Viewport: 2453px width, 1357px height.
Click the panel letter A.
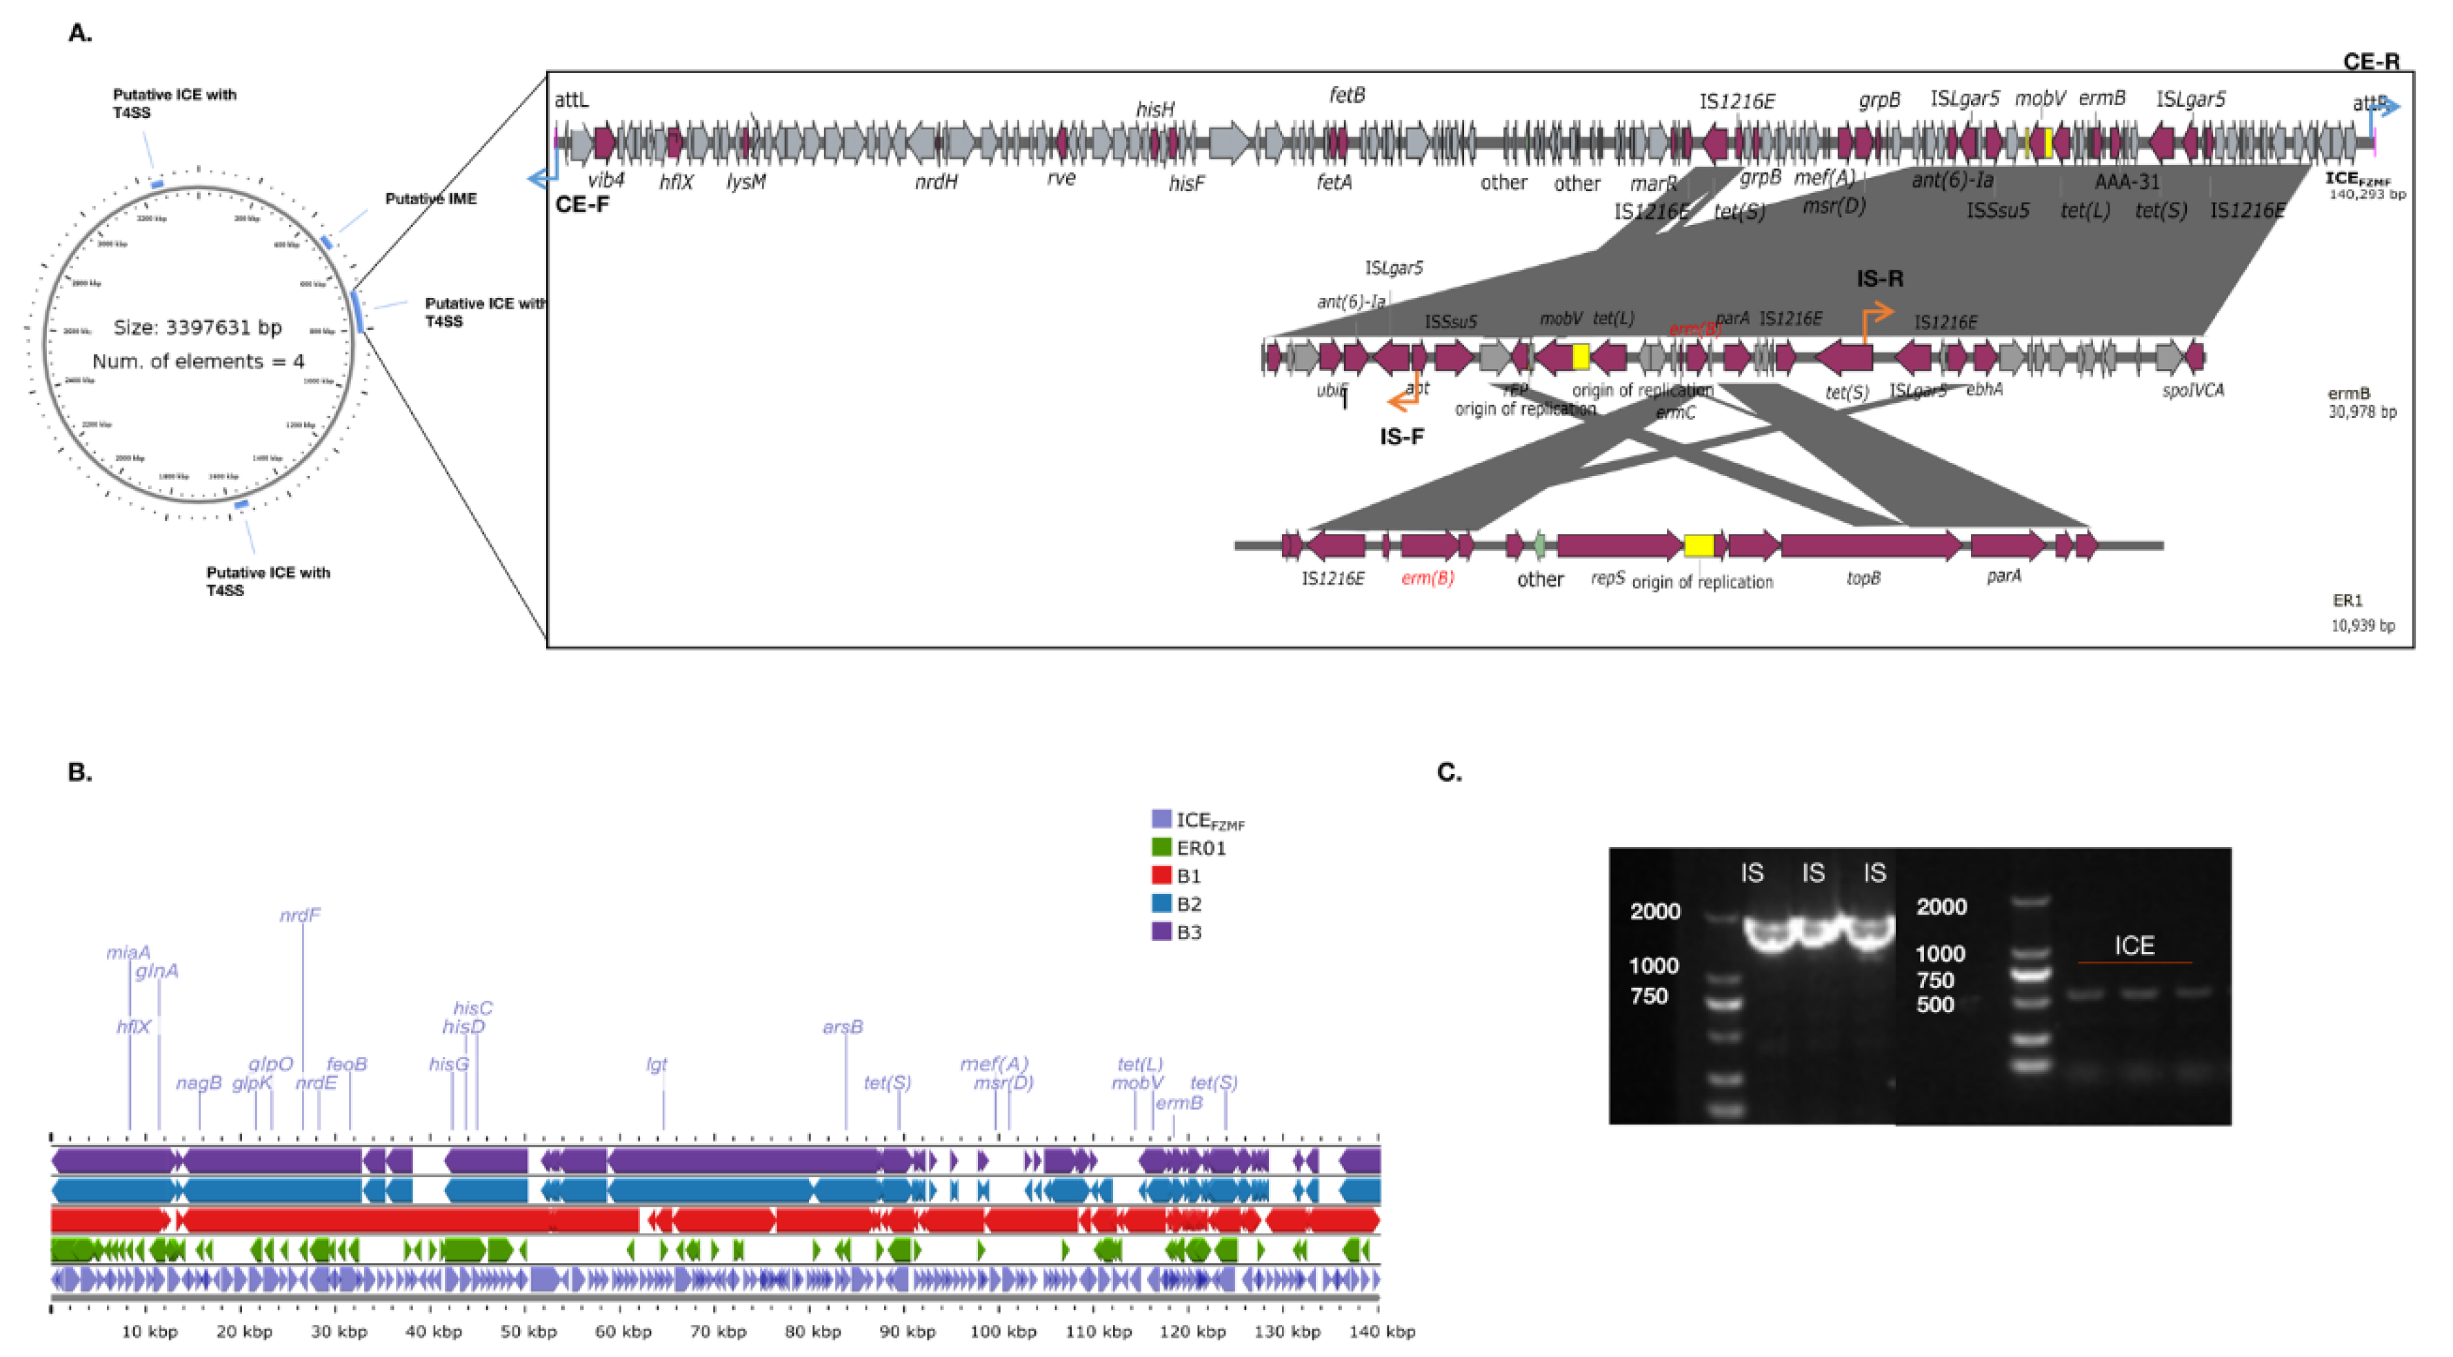coord(80,33)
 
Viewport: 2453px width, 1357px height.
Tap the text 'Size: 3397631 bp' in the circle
coord(197,328)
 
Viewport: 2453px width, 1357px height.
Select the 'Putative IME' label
coord(430,199)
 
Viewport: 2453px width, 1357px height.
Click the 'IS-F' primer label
coord(1402,437)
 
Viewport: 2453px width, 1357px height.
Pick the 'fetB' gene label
coord(1346,95)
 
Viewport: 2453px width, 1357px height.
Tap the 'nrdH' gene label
coord(935,181)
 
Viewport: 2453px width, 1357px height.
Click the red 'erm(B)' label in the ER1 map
coord(1428,578)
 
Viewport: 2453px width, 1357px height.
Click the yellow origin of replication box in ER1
coord(1698,546)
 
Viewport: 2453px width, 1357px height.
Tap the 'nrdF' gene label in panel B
coord(300,915)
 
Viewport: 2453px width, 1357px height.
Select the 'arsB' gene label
coord(843,1027)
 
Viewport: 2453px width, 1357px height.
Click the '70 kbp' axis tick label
coord(717,1331)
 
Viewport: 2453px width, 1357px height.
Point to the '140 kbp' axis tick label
coord(1381,1331)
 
